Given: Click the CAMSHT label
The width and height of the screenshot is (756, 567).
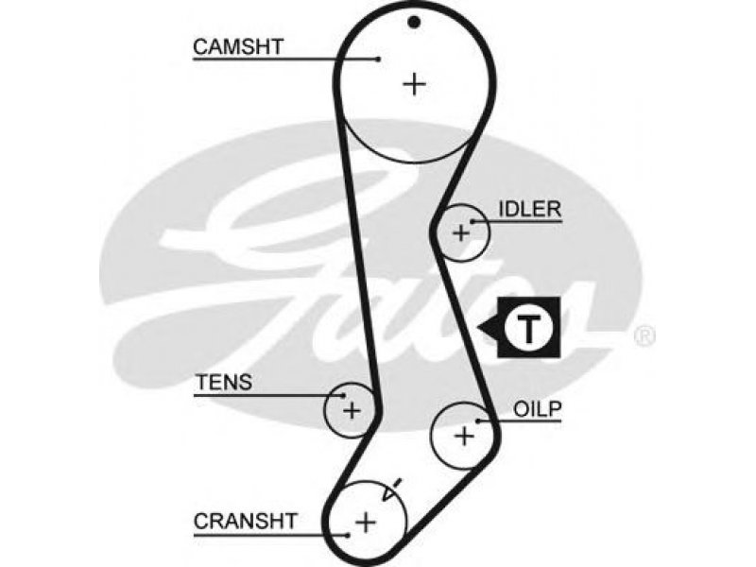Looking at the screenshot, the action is (238, 47).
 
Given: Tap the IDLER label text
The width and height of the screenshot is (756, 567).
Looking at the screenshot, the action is (530, 209).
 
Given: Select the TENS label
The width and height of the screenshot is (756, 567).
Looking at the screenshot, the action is (223, 383).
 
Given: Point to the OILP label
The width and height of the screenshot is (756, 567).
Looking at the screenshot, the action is (538, 409).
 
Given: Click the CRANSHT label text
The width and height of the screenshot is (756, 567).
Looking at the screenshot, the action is (246, 522).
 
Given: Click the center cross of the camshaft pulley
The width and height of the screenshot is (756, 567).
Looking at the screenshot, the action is (414, 84).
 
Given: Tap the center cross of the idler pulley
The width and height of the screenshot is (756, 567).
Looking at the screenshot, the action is (461, 233).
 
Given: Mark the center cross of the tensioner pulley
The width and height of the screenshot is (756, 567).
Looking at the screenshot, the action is (352, 411).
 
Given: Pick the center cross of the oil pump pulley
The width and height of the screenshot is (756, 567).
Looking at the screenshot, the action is (465, 437).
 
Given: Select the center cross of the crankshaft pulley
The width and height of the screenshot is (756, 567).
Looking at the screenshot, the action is (366, 523).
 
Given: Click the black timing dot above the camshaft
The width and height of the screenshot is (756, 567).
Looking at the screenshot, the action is (414, 22).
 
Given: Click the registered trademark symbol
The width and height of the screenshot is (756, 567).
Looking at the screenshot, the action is (644, 336).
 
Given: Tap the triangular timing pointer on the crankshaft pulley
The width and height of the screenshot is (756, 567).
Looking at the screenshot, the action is (390, 490).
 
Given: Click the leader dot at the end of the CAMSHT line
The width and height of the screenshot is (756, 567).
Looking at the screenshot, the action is (379, 60).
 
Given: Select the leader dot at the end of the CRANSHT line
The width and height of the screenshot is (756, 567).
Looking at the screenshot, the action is (348, 535).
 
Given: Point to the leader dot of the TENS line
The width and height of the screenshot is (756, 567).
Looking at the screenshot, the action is (344, 396).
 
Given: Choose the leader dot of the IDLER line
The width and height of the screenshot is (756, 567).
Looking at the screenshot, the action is (473, 222).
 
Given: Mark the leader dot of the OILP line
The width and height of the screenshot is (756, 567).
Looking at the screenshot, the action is (477, 421).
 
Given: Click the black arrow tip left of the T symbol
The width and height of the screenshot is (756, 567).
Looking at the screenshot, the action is (478, 328).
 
